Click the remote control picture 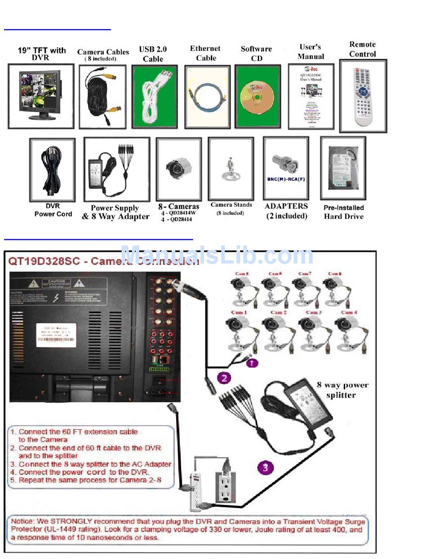[x=363, y=96]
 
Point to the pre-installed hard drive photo [x=343, y=168]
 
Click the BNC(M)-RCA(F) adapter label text [x=286, y=179]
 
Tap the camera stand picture [x=231, y=169]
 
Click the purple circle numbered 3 [x=265, y=467]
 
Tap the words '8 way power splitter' [x=342, y=390]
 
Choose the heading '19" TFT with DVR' [x=41, y=54]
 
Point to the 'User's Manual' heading [x=310, y=51]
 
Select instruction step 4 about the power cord [x=84, y=472]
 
